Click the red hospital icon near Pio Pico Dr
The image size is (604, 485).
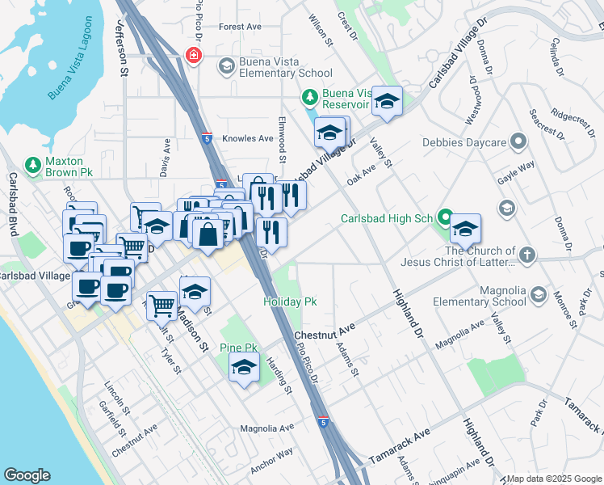pos(193,56)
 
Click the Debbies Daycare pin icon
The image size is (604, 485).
pos(518,143)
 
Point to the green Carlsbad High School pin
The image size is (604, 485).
pos(444,217)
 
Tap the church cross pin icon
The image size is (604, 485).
pos(526,255)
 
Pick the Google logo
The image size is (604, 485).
pos(27,475)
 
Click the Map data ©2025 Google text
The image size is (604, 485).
pos(553,479)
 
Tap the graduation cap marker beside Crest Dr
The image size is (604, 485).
pos(388,101)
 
